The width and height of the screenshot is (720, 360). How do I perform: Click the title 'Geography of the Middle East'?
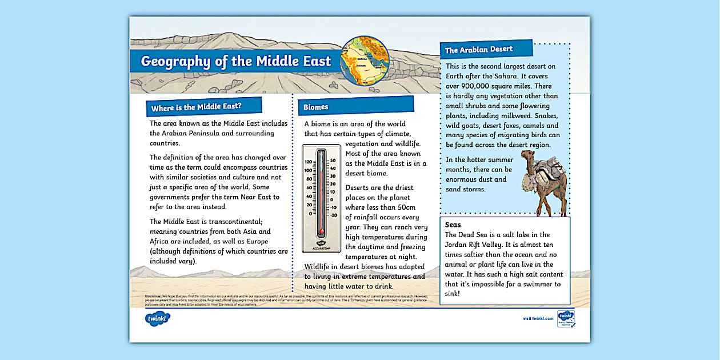[x=235, y=61]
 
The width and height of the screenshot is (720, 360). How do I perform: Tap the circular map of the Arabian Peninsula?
[x=365, y=60]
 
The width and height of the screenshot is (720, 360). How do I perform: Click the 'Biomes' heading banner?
[x=316, y=107]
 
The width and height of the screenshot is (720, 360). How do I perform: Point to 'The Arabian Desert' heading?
[x=479, y=50]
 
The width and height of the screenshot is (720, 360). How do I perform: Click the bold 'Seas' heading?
[x=453, y=225]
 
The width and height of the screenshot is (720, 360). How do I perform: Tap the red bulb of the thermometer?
[x=321, y=231]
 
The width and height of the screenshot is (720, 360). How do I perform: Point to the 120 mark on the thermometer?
[x=308, y=162]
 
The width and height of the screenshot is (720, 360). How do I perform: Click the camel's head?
[x=529, y=156]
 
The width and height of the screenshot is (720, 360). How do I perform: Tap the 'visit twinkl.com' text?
[x=538, y=318]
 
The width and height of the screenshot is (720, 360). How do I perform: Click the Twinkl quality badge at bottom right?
[x=566, y=318]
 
